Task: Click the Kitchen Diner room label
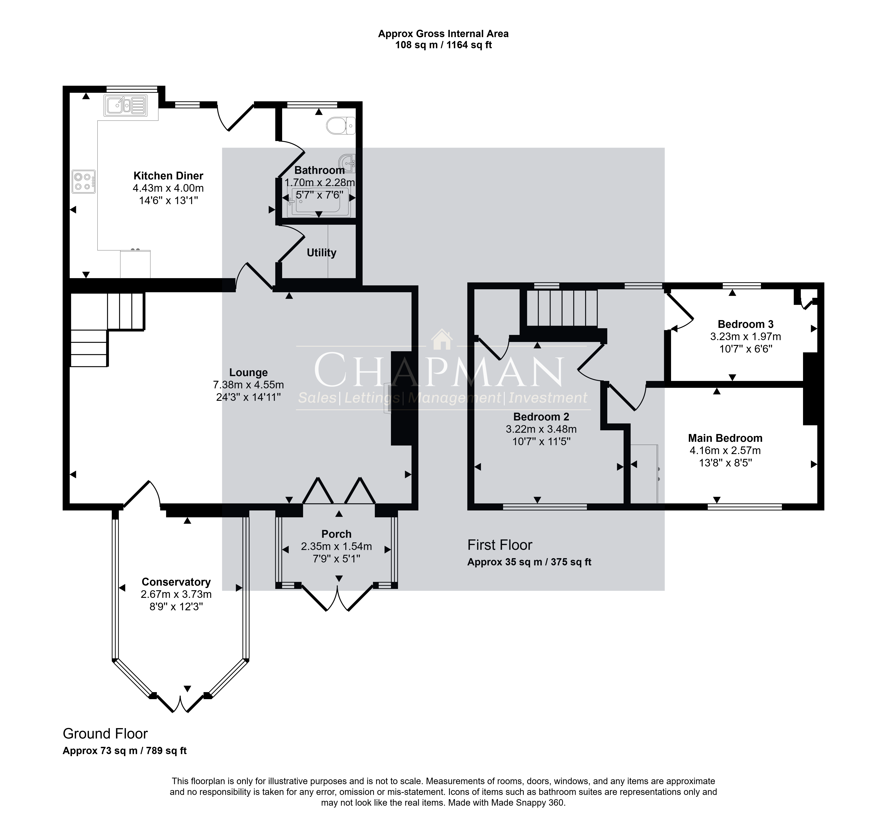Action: click(x=169, y=176)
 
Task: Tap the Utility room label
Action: click(x=321, y=253)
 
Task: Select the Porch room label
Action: click(x=336, y=534)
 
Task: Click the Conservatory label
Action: click(x=176, y=582)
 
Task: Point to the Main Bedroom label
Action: click(x=725, y=438)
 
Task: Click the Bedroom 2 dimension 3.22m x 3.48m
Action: click(x=541, y=429)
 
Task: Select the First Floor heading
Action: click(x=500, y=545)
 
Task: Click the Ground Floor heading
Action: click(x=105, y=733)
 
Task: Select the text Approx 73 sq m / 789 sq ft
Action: click(x=124, y=751)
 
